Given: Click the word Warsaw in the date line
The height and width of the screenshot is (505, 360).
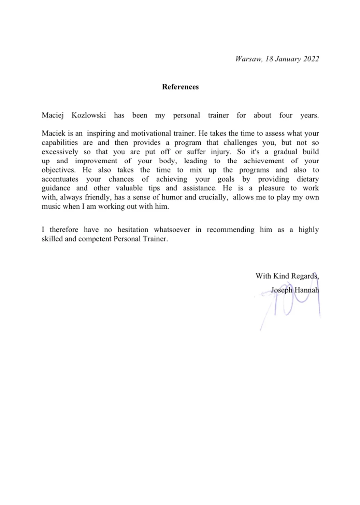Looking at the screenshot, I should pyautogui.click(x=248, y=59).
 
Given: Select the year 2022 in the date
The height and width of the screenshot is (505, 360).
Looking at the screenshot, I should pyautogui.click(x=311, y=59).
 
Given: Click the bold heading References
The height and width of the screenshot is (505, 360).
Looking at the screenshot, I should pyautogui.click(x=180, y=87).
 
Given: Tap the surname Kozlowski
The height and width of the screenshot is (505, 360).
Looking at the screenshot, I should pyautogui.click(x=89, y=115).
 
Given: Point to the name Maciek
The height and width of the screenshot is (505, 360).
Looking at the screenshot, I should pyautogui.click(x=53, y=134).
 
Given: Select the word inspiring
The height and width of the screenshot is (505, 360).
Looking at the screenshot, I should pyautogui.click(x=101, y=134).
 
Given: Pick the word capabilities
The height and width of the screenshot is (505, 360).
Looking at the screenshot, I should pyautogui.click(x=60, y=143).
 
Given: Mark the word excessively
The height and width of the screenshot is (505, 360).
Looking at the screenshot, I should pyautogui.click(x=60, y=152).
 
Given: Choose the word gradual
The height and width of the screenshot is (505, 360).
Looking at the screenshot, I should pyautogui.click(x=286, y=152).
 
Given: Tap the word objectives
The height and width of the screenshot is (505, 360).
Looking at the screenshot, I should pyautogui.click(x=58, y=170).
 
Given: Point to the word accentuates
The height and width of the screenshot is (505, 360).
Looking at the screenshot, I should pyautogui.click(x=60, y=179).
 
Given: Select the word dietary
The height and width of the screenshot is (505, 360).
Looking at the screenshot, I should pyautogui.click(x=307, y=179).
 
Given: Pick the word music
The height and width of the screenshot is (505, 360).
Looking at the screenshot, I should pyautogui.click(x=51, y=207).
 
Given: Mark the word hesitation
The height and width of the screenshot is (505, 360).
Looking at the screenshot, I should pyautogui.click(x=133, y=230).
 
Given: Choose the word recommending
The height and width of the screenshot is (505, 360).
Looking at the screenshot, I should pyautogui.click(x=230, y=230).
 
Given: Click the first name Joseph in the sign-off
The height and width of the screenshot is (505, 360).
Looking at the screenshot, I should pyautogui.click(x=282, y=290).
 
